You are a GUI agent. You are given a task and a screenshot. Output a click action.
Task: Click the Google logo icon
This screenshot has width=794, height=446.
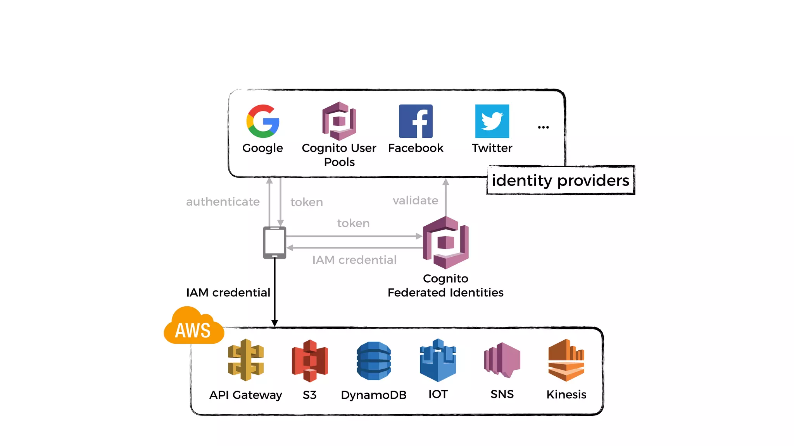[263, 121]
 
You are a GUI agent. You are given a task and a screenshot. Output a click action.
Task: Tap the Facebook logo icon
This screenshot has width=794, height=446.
[416, 121]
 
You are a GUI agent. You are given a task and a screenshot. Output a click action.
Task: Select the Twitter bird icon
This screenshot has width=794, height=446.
[492, 121]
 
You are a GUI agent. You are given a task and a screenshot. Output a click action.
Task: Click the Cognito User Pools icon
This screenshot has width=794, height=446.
[339, 121]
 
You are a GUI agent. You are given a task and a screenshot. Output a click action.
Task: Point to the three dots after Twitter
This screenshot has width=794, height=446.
[543, 127]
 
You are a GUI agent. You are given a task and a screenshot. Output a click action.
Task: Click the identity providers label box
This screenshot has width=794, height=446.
[560, 180]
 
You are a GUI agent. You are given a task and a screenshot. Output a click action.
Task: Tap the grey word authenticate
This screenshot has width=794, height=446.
[223, 202]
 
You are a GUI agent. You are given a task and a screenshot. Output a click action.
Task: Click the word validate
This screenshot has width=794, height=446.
[415, 201]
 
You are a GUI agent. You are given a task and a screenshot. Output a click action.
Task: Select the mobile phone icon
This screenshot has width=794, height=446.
[274, 243]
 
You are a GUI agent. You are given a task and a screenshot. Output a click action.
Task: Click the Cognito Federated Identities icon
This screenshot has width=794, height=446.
[446, 243]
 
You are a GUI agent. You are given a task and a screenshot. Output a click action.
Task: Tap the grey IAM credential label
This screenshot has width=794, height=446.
[354, 260]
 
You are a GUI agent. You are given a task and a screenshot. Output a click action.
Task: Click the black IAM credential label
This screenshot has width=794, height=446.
[228, 292]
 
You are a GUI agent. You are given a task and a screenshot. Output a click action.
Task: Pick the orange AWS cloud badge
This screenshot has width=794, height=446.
[193, 327]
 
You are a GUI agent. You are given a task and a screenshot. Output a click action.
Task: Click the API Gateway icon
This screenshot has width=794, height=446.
[246, 360]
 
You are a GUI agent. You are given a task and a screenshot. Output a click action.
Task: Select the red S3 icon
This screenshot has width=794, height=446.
[310, 360]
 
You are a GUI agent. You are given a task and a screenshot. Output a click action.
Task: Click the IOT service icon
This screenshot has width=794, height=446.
[438, 360]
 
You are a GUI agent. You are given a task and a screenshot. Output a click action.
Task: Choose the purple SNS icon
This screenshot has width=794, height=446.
[502, 360]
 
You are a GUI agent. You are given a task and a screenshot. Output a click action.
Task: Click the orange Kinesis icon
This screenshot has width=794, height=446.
[566, 360]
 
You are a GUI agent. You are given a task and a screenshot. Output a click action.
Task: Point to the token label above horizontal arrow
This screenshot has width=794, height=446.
[353, 223]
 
